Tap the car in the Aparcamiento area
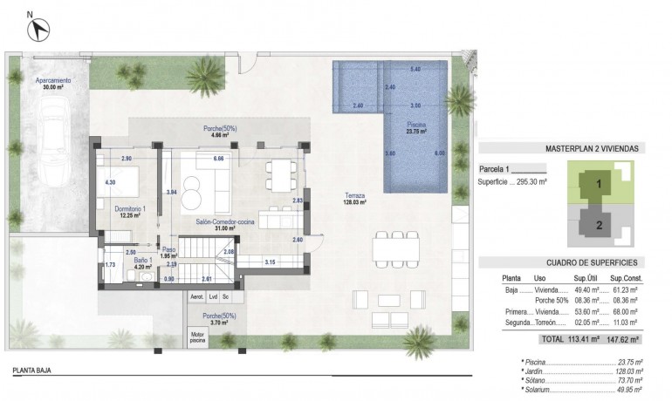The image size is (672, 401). pyautogui.click(x=54, y=139)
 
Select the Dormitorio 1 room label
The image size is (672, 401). pyautogui.click(x=131, y=212)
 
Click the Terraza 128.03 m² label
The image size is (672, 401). pyautogui.click(x=354, y=199)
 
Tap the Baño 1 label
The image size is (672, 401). pyautogui.click(x=144, y=264)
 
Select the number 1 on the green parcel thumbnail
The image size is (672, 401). pyautogui.click(x=599, y=185)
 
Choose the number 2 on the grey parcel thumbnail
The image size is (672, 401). pyautogui.click(x=599, y=224)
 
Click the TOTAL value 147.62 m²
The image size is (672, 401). pyautogui.click(x=625, y=340)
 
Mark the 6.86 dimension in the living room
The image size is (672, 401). pyautogui.click(x=219, y=159)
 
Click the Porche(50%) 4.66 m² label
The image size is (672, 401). pyautogui.click(x=215, y=132)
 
